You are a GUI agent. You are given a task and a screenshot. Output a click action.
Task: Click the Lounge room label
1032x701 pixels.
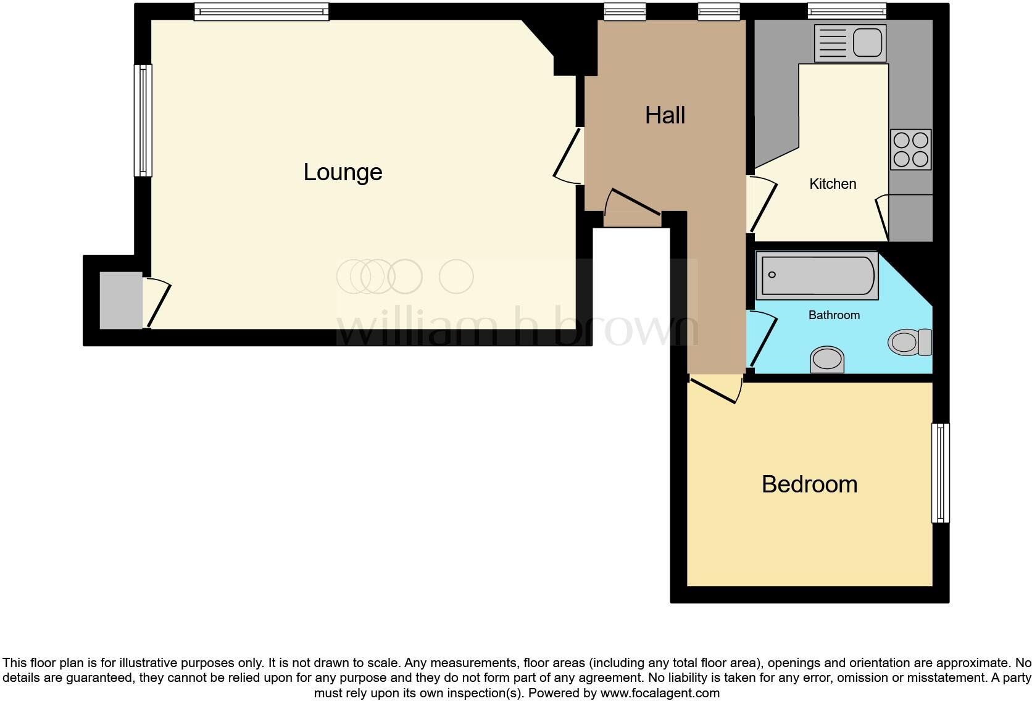tap(343, 172)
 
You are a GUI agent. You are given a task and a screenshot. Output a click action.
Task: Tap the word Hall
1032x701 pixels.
tap(665, 115)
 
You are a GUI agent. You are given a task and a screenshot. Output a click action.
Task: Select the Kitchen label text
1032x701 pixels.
tap(833, 184)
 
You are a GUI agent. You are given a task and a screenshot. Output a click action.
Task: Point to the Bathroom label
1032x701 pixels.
tap(834, 315)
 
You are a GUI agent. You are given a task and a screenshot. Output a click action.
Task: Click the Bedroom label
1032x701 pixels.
tap(809, 484)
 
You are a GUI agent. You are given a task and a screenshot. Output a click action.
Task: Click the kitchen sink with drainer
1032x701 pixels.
tap(850, 43)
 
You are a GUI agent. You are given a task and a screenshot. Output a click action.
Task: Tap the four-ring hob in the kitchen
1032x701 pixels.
tap(910, 149)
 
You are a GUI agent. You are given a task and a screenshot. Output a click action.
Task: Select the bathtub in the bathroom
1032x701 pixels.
tap(817, 275)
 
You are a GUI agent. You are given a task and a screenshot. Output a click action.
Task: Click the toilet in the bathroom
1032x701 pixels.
tap(910, 342)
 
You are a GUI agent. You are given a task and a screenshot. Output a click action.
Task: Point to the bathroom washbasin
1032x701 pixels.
tap(827, 360)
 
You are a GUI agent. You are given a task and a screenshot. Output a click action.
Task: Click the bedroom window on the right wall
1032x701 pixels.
tap(940, 473)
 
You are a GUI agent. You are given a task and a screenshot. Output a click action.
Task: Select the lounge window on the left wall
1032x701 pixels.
tap(143, 120)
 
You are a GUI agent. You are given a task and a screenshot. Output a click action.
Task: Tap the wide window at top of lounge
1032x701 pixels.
tap(261, 12)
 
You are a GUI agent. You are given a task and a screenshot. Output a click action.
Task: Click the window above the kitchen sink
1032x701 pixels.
tap(847, 11)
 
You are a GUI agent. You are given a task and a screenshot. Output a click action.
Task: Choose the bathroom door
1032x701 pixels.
tap(762, 339)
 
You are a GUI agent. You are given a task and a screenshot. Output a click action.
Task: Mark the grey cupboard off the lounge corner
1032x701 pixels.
tap(121, 301)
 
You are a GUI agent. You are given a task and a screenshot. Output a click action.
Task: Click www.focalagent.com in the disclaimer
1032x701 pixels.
tap(659, 693)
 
